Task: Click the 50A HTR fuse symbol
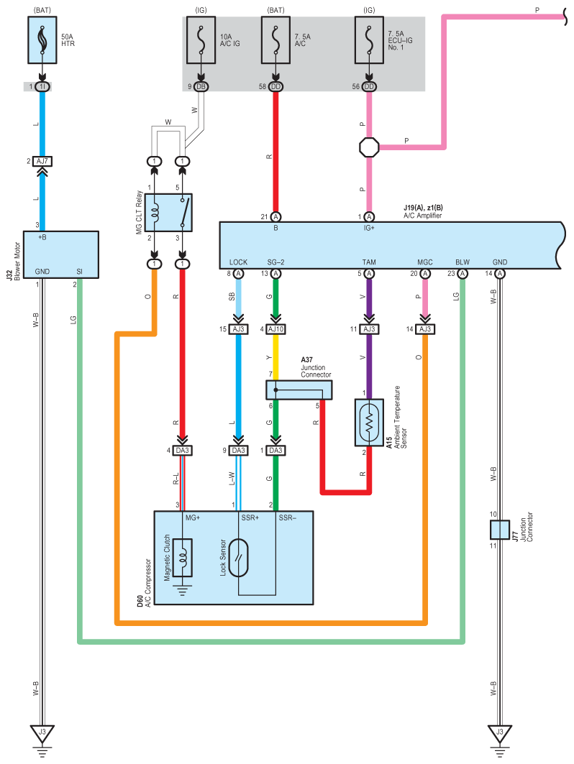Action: click(x=42, y=40)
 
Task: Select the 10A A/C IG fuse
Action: click(x=201, y=40)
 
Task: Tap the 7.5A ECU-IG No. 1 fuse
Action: click(x=369, y=40)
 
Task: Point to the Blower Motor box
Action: click(x=61, y=254)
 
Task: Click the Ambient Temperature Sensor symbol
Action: click(x=369, y=423)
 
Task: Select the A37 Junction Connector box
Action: click(x=299, y=390)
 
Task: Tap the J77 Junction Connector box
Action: click(x=500, y=530)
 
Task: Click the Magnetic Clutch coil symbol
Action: click(x=183, y=558)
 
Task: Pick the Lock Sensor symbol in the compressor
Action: click(x=239, y=558)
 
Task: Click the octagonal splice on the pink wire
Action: click(x=369, y=147)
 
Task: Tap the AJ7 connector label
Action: click(x=42, y=161)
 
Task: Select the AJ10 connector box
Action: click(x=275, y=329)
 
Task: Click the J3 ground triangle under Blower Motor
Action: click(x=42, y=733)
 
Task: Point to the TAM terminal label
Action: click(x=369, y=262)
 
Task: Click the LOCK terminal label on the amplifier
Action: click(x=239, y=262)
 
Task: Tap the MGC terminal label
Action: click(x=425, y=262)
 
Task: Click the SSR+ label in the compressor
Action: click(x=250, y=517)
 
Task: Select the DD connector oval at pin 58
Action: click(x=275, y=87)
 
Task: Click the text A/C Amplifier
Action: click(x=422, y=216)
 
